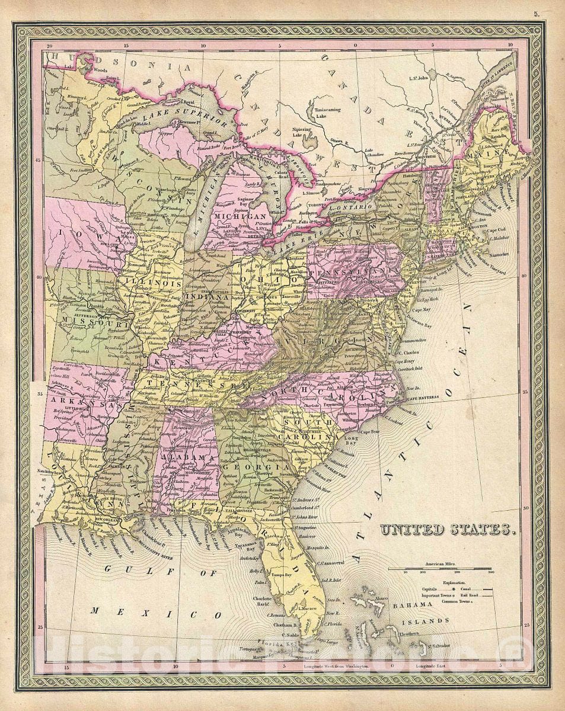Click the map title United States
pos(445,529)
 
